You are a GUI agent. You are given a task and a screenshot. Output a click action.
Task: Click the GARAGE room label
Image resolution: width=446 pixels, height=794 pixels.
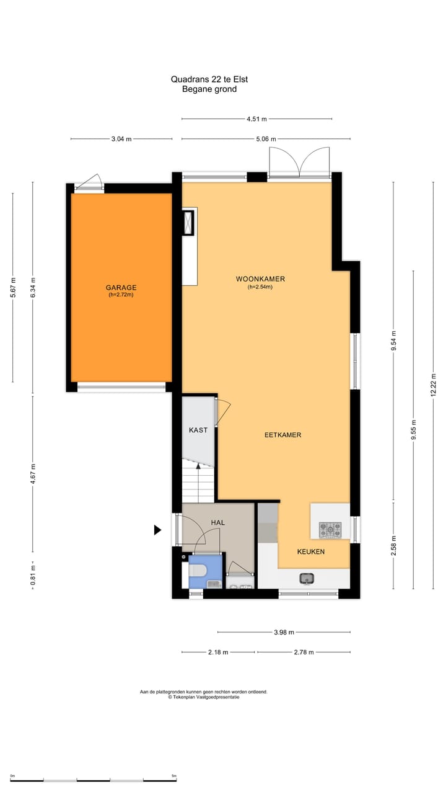click(121, 288)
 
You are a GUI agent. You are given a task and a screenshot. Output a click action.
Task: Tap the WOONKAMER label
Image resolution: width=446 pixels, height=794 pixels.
click(260, 279)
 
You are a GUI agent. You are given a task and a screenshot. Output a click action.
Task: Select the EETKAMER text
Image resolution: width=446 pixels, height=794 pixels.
click(282, 435)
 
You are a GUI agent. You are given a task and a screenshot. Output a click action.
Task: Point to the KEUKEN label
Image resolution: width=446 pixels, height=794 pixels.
click(310, 551)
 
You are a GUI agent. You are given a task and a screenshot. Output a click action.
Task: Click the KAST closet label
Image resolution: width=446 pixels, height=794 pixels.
click(198, 430)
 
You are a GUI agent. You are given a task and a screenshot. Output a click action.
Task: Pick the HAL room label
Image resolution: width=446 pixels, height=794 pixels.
click(217, 523)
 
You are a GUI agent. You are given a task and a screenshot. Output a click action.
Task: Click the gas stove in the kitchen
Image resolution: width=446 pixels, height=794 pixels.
click(330, 530)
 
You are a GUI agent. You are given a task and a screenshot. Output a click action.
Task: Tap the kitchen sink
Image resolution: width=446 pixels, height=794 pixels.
click(307, 579)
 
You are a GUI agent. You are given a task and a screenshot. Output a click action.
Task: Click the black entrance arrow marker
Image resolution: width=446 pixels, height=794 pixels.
click(157, 530)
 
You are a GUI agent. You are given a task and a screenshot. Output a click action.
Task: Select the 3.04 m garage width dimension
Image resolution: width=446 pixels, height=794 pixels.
click(121, 139)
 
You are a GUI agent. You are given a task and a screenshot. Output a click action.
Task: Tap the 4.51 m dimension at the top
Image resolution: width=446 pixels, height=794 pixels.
click(256, 119)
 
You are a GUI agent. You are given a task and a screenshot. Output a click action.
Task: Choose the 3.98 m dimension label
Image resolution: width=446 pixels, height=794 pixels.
click(284, 632)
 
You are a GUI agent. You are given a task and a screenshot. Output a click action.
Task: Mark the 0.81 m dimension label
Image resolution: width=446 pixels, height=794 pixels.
click(33, 573)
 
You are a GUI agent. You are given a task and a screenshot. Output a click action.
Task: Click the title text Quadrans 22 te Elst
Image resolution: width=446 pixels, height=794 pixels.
click(209, 79)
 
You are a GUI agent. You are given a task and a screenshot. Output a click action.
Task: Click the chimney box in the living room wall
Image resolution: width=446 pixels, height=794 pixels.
click(188, 223)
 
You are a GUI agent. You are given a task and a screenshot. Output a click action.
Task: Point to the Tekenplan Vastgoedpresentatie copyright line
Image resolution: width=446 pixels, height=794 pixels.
click(203, 697)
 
